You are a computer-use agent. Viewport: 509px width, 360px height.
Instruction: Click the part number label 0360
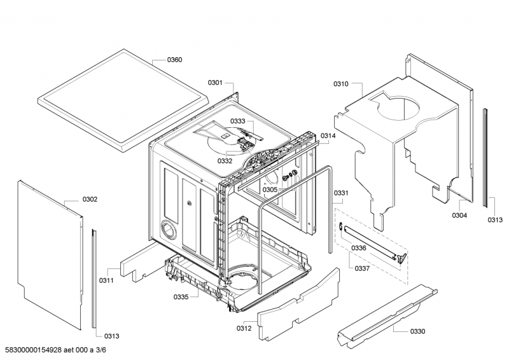click(174, 60)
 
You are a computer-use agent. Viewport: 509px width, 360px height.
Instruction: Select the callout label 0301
click(215, 83)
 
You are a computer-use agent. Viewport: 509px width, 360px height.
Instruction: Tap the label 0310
click(341, 84)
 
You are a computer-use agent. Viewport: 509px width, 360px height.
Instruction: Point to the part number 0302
click(90, 199)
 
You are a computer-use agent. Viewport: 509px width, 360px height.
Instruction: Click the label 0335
click(181, 297)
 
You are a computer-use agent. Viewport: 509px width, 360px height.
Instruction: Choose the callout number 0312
click(244, 328)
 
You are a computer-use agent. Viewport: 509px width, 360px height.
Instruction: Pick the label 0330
click(418, 331)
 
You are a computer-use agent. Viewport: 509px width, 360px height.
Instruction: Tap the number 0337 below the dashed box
click(362, 268)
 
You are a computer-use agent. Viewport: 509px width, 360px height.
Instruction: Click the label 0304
click(459, 215)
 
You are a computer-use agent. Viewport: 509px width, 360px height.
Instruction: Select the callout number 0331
click(341, 193)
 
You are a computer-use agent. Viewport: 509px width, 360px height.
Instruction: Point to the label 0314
click(328, 136)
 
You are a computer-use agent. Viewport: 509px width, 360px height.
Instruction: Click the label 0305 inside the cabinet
click(270, 190)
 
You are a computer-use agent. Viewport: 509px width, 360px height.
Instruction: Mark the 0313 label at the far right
click(495, 220)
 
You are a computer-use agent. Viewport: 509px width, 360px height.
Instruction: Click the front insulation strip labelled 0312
click(298, 303)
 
